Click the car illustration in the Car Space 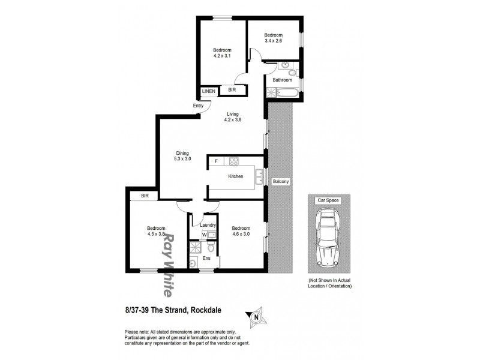pyautogui.click(x=328, y=238)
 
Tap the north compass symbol pyautogui.click(x=256, y=317)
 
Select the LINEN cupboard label pyautogui.click(x=208, y=91)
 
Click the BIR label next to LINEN pyautogui.click(x=232, y=91)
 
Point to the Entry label pyautogui.click(x=198, y=106)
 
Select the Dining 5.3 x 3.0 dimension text pyautogui.click(x=182, y=156)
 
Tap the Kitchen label pyautogui.click(x=235, y=176)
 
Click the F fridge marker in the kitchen pyautogui.click(x=216, y=161)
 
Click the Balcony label pyautogui.click(x=280, y=181)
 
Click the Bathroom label pyautogui.click(x=282, y=80)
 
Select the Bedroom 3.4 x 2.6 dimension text pyautogui.click(x=274, y=38)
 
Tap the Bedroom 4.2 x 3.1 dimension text pyautogui.click(x=222, y=53)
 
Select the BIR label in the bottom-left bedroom pyautogui.click(x=145, y=196)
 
